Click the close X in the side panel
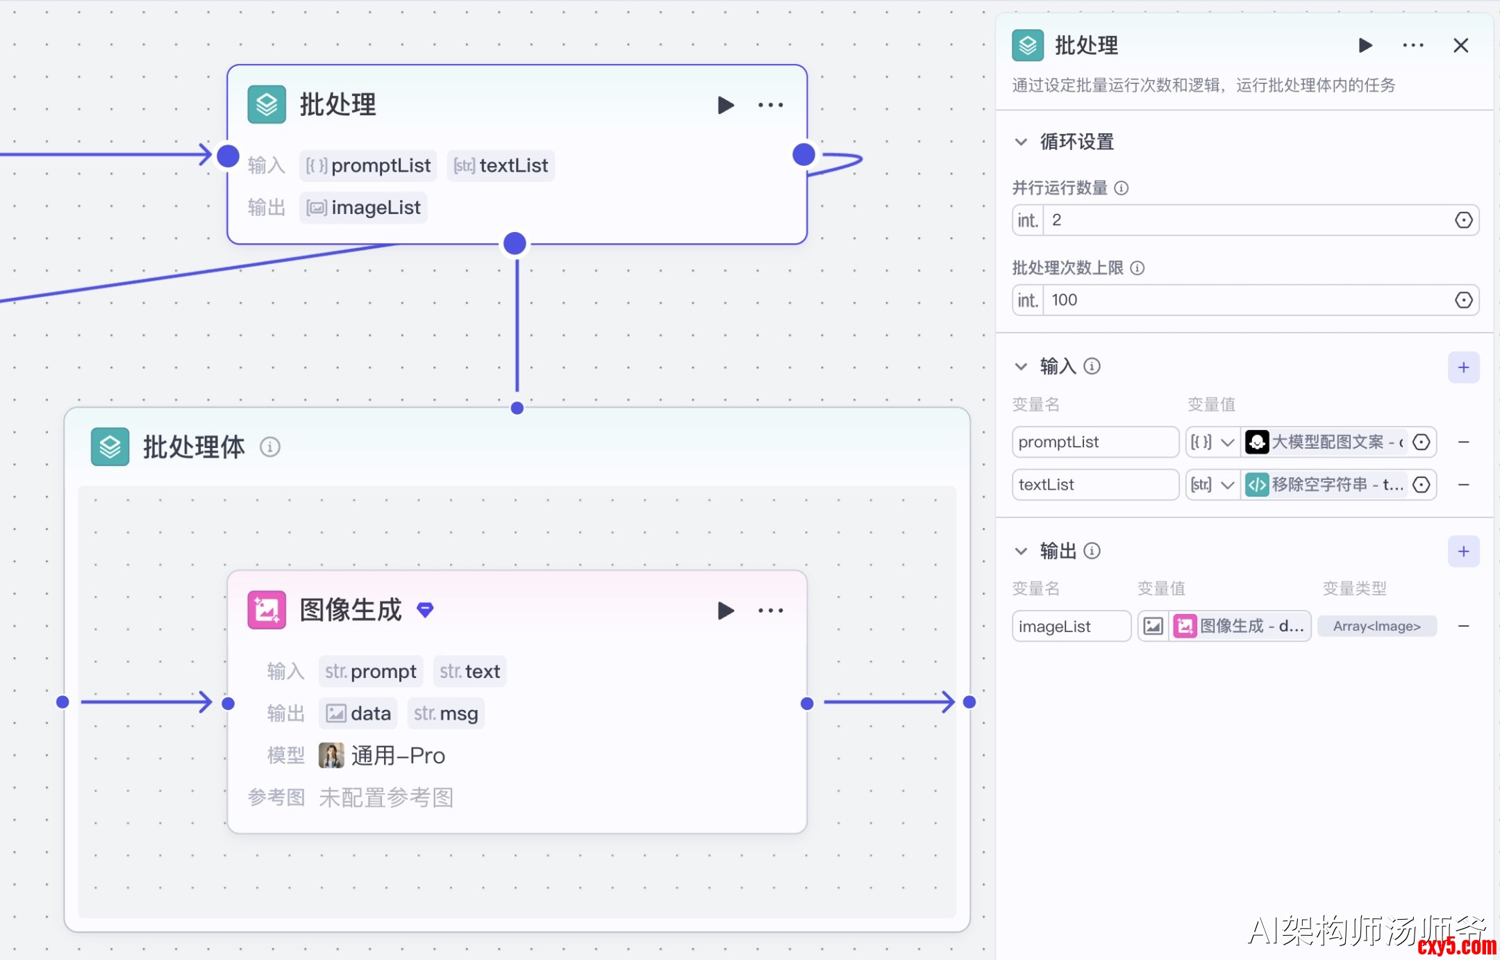1460,46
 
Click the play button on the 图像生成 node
726,611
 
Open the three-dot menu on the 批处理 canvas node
770,106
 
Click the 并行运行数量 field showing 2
1246,220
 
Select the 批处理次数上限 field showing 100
1246,300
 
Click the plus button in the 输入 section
1463,367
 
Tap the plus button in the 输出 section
1463,552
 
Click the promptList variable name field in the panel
1094,442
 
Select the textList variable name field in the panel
1094,485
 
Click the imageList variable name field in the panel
1071,627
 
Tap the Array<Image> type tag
1376,627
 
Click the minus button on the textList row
1463,485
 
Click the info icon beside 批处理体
270,447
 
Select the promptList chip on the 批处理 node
368,166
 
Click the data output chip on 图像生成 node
358,714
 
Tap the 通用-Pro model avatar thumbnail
331,756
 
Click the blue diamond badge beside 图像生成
425,610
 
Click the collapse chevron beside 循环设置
1021,142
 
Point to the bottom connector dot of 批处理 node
515,244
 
